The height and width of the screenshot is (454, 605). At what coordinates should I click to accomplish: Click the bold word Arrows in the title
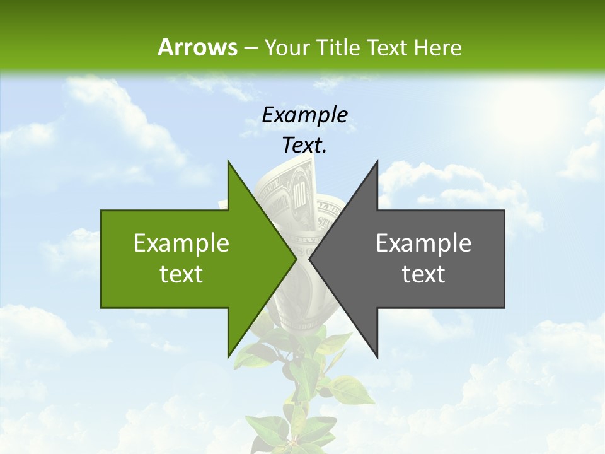point(197,47)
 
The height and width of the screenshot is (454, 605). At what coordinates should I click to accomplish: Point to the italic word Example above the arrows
point(304,115)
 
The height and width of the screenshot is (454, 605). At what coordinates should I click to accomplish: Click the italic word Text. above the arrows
point(304,145)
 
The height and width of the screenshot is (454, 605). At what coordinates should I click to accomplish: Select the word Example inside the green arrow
point(181,243)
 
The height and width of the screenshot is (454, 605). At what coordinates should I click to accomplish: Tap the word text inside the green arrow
point(181,274)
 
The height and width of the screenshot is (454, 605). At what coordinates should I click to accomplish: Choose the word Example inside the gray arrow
point(423,243)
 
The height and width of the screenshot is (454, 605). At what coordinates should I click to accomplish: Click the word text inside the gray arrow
point(423,274)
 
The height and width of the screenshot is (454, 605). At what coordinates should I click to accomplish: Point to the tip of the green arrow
point(296,259)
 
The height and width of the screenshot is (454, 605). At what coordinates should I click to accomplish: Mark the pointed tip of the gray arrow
point(309,259)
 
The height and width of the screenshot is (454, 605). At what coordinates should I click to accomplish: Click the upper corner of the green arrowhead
point(228,161)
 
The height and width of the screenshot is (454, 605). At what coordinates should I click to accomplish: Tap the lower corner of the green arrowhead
point(228,356)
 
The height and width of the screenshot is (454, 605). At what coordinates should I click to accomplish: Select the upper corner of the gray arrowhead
point(377,161)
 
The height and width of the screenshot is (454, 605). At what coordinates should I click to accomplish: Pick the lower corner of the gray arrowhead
point(377,356)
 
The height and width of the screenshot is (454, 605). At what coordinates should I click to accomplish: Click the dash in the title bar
point(250,48)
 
